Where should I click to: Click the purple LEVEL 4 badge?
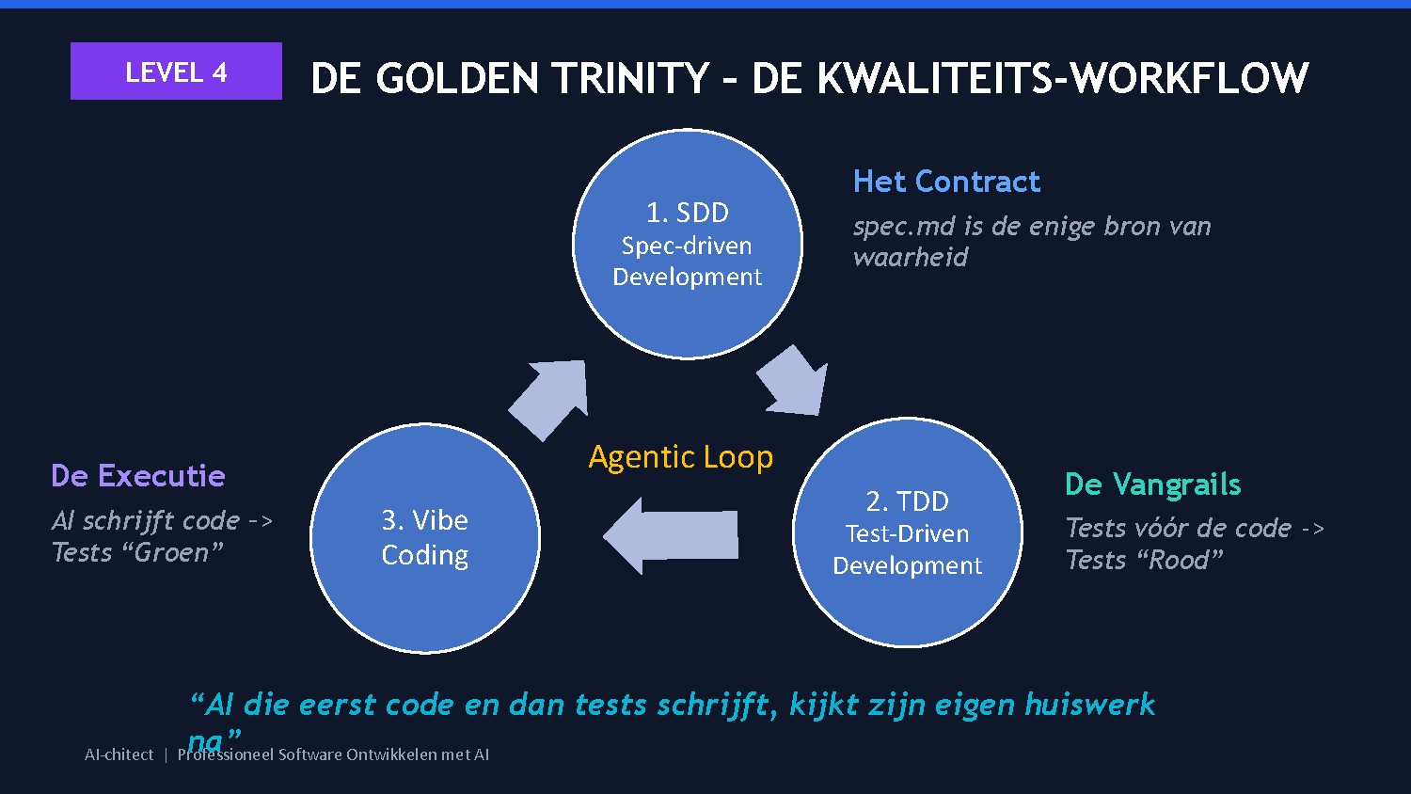click(176, 71)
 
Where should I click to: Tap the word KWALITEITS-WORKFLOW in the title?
click(1063, 78)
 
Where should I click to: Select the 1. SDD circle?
click(688, 244)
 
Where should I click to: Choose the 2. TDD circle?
click(907, 532)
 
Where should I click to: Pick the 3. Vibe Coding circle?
click(425, 538)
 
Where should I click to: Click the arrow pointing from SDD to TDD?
click(794, 381)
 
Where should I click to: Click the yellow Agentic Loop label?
click(680, 457)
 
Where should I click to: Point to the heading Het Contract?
click(946, 182)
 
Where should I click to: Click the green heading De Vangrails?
click(1152, 484)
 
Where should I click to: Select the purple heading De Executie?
click(138, 476)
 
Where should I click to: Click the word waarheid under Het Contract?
click(910, 258)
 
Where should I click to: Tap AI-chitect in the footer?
click(119, 754)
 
